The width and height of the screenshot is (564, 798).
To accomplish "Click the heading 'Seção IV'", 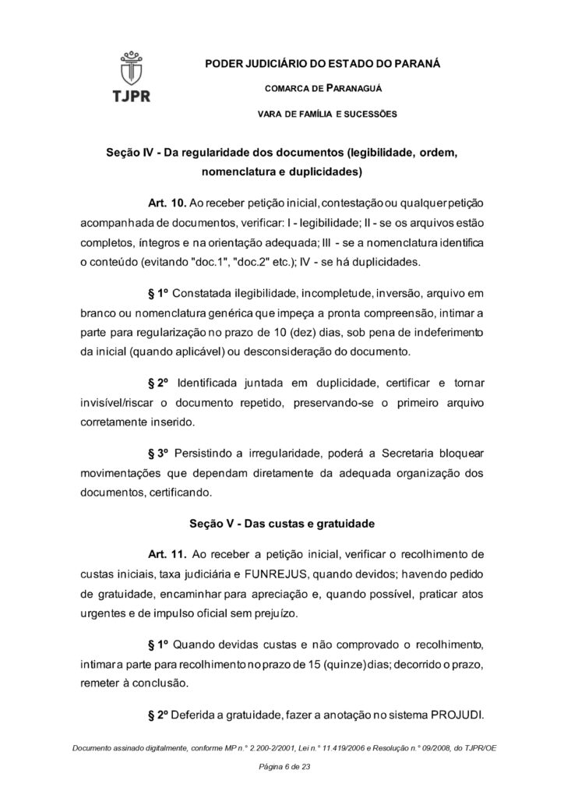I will [x=129, y=152].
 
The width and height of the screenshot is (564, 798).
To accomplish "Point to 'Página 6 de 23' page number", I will [x=282, y=767].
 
